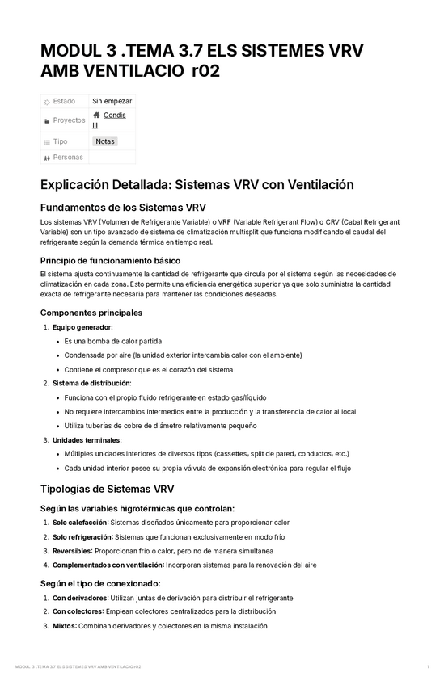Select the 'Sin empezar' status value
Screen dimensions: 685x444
click(x=112, y=101)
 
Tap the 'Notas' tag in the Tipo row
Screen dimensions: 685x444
click(x=105, y=141)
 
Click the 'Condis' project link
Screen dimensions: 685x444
click(x=115, y=116)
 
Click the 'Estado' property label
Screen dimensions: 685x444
click(x=64, y=101)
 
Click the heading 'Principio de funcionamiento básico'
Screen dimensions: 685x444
click(x=110, y=260)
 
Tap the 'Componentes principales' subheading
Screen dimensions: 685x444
click(x=91, y=313)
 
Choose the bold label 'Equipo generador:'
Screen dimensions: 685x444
click(x=82, y=327)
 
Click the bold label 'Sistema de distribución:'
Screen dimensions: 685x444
click(x=91, y=383)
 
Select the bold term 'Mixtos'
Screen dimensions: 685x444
click(x=65, y=625)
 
